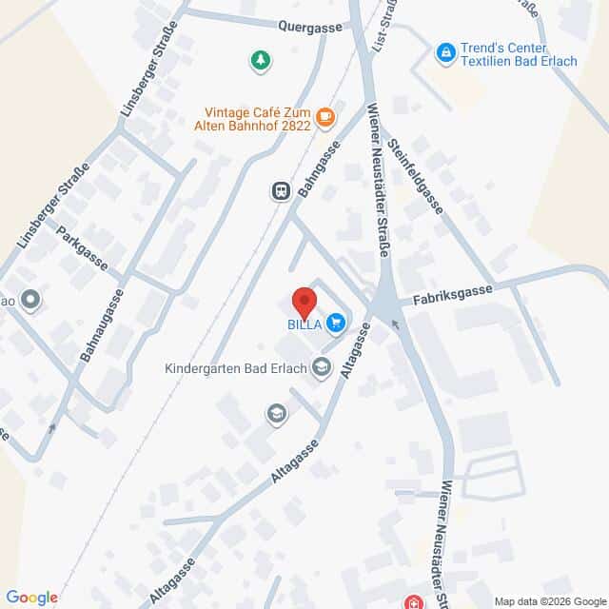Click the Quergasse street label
309,28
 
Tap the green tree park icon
259,62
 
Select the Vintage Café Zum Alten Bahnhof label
256,116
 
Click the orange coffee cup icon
325,117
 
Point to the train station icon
280,191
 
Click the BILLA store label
304,324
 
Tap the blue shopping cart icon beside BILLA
335,324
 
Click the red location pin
304,302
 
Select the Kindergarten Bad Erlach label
237,368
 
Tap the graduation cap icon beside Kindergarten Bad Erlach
322,367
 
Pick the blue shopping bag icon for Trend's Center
444,51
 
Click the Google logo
30,597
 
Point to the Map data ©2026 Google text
549,600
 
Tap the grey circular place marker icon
30,301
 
